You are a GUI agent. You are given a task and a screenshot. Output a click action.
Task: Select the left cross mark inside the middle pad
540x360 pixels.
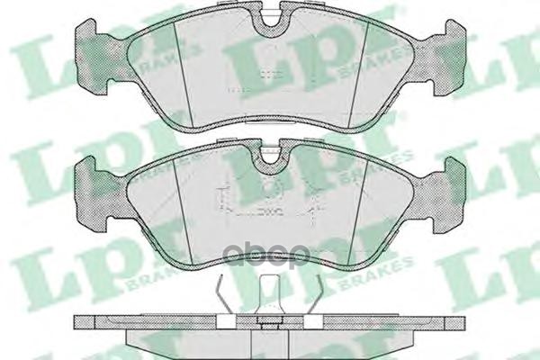pyautogui.click(x=225, y=200)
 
